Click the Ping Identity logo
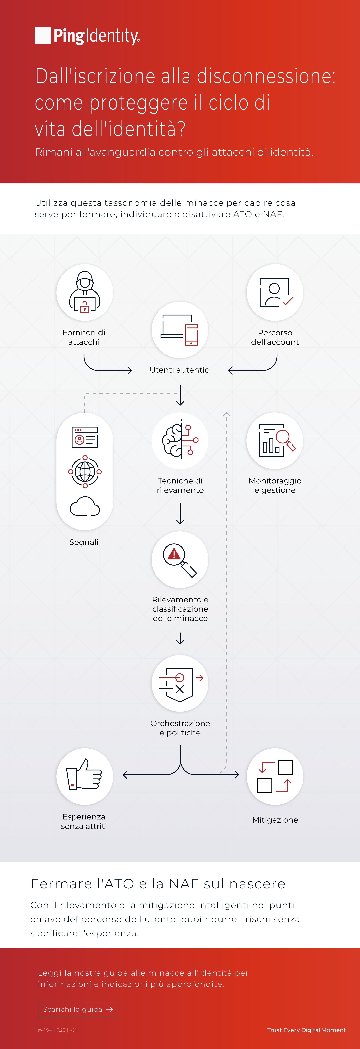(87, 36)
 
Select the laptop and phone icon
(180, 330)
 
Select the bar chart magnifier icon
(276, 441)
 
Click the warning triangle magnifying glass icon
(180, 560)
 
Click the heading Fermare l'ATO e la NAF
(158, 884)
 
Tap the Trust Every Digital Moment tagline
(306, 1030)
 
